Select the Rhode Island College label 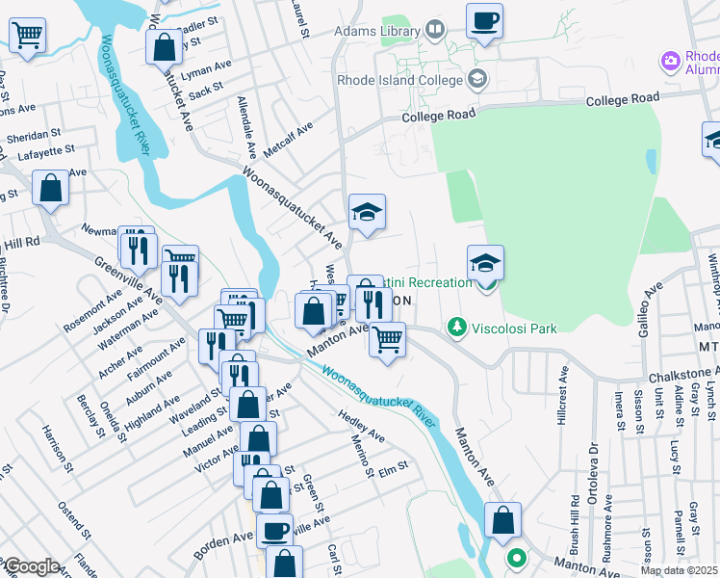pyautogui.click(x=399, y=79)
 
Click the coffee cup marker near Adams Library pyautogui.click(x=484, y=21)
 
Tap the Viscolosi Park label pyautogui.click(x=514, y=328)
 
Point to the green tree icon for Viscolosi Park pyautogui.click(x=458, y=328)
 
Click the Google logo pyautogui.click(x=32, y=566)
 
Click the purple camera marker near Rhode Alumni pyautogui.click(x=671, y=62)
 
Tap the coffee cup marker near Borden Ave pyautogui.click(x=274, y=529)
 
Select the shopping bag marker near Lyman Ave pyautogui.click(x=164, y=47)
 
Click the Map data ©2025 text pyautogui.click(x=679, y=570)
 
